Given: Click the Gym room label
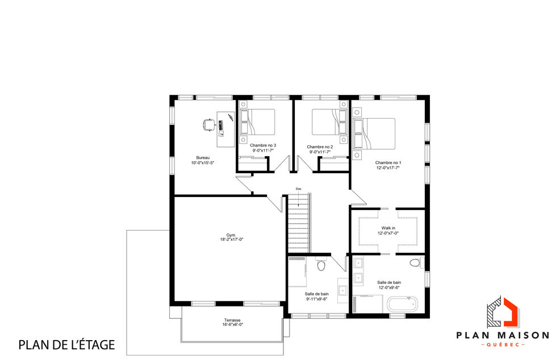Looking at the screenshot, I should pos(231,235).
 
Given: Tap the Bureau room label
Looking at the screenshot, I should pos(203,157).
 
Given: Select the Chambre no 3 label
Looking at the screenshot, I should pos(263,146).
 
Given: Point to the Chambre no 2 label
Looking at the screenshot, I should pos(320,146).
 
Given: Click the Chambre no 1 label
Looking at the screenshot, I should pos(388,163).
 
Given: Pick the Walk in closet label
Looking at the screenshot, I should pos(388,228).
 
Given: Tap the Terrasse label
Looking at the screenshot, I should pos(232,320).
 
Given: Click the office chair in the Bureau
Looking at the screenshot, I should pos(208,123).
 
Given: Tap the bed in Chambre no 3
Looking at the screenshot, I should pos(258,122).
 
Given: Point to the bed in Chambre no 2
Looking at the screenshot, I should pos(328,122).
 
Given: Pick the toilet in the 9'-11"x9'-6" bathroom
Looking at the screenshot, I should pos(321,265).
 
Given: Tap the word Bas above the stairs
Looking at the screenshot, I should pos(298,189).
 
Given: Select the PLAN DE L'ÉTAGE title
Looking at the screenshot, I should pos(67,344).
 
